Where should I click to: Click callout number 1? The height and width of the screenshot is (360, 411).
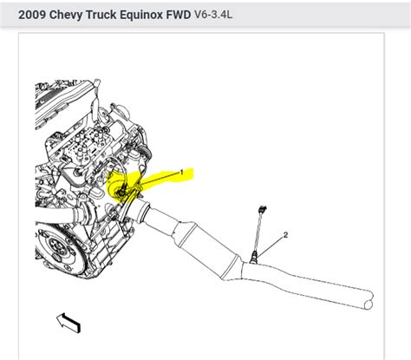click(x=181, y=173)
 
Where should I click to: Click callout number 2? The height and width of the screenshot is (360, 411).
click(x=285, y=235)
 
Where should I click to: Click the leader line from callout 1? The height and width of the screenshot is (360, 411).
click(x=156, y=179)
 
